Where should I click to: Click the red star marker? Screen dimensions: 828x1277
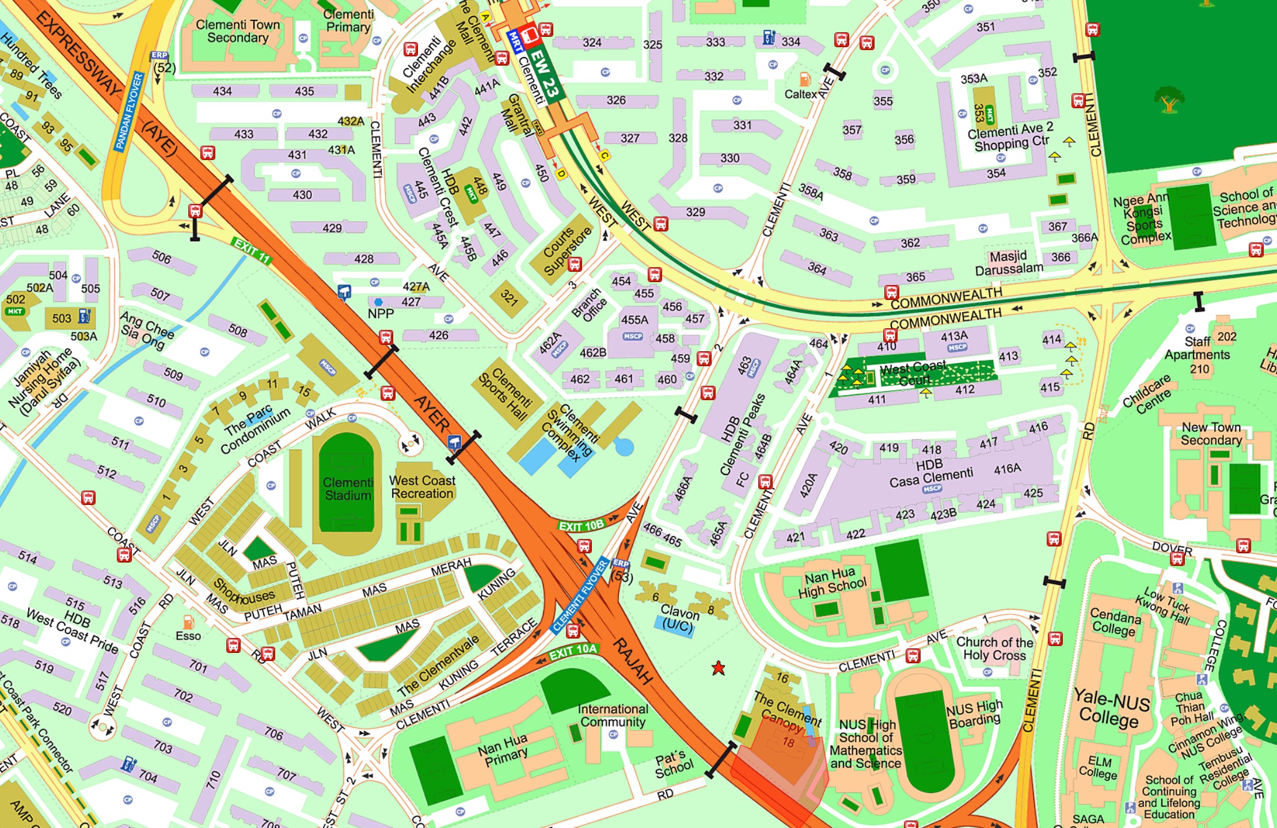tap(718, 668)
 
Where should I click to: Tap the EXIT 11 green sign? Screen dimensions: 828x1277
tap(252, 250)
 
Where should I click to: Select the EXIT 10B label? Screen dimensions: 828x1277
tap(581, 526)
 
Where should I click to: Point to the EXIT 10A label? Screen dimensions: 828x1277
tap(573, 651)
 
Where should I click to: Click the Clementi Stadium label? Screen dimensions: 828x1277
tap(347, 488)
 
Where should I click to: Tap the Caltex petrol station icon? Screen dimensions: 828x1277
tap(805, 80)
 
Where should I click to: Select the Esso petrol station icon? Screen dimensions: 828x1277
tap(188, 622)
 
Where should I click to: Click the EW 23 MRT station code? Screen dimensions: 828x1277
tap(544, 74)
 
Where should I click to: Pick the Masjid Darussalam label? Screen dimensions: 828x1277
tap(1009, 263)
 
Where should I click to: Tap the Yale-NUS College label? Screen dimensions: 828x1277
tap(1111, 709)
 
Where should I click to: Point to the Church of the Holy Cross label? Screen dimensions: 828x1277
tap(994, 648)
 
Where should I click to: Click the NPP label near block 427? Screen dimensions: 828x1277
tap(381, 313)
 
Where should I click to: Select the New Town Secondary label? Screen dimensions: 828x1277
tap(1211, 434)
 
